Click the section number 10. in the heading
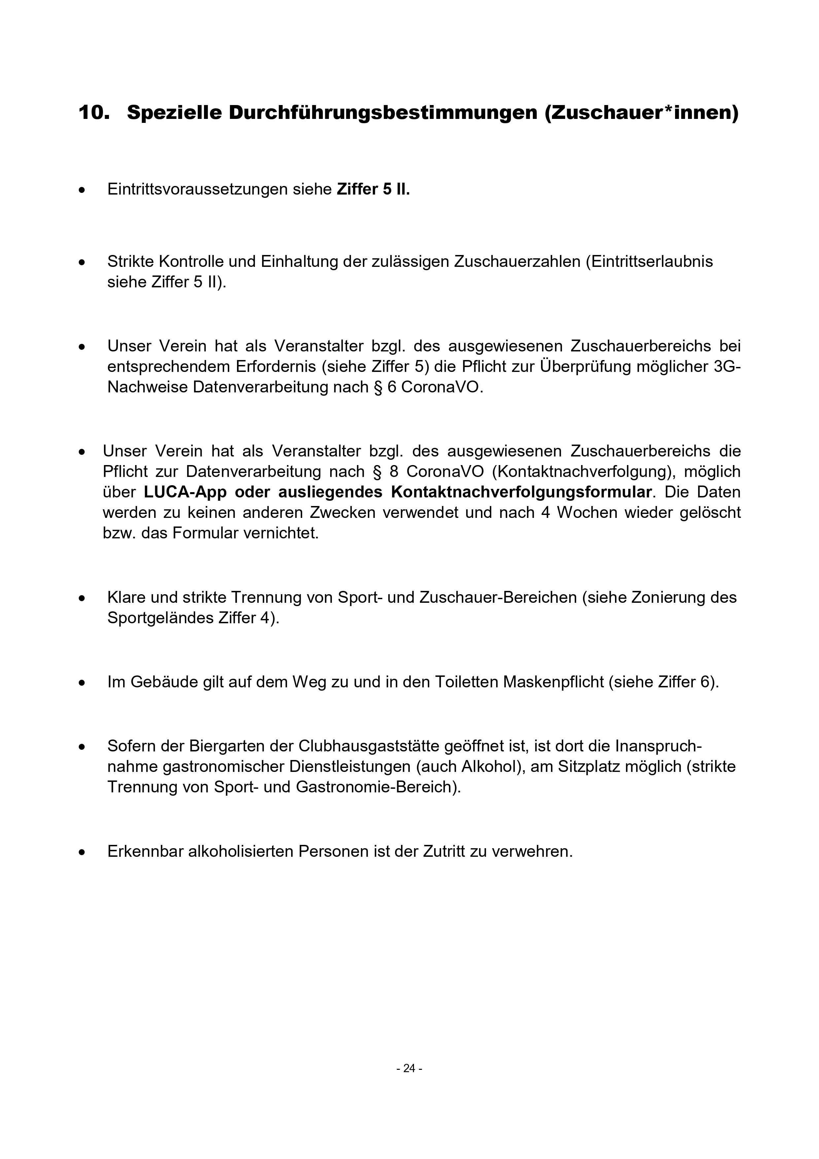coord(94,113)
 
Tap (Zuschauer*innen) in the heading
coord(641,113)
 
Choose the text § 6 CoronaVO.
coord(435,387)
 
